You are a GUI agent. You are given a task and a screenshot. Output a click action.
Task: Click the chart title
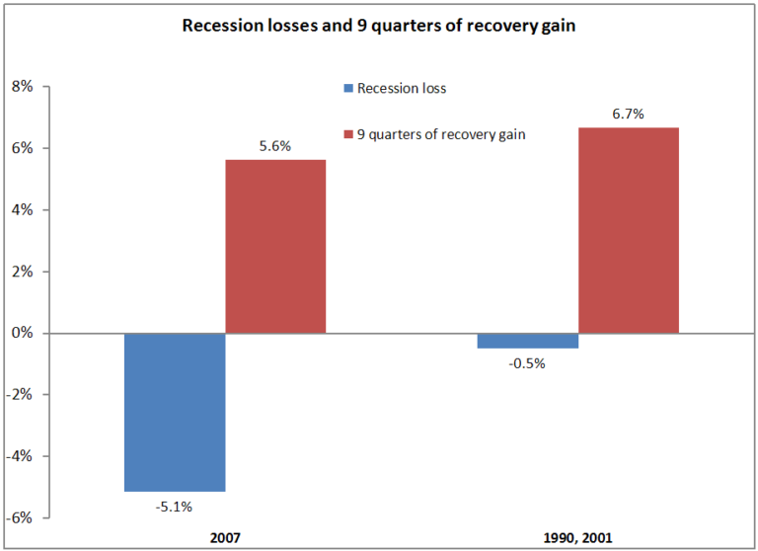point(379,26)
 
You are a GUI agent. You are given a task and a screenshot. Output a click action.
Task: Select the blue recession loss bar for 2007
point(175,412)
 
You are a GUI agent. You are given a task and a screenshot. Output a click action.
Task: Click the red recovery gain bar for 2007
point(275,246)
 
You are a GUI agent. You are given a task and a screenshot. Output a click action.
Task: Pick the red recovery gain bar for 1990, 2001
point(629,230)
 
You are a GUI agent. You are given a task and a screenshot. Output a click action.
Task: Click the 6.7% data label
point(629,114)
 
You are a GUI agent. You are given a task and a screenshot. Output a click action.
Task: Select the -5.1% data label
point(175,507)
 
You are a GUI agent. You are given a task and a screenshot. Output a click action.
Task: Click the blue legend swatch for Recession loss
point(347,89)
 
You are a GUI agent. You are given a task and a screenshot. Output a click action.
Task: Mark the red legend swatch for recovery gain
point(347,134)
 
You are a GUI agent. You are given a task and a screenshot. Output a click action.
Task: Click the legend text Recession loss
point(402,89)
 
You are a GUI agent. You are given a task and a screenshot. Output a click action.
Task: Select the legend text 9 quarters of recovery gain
point(441,134)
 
